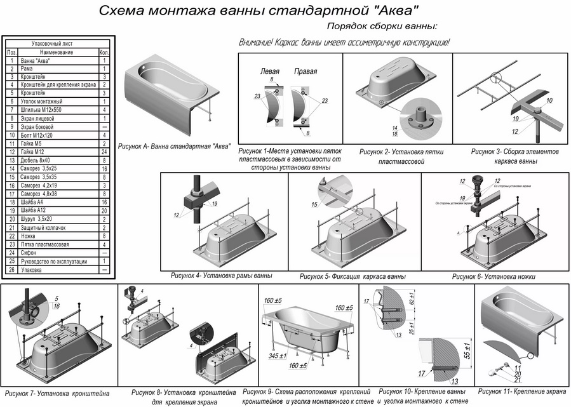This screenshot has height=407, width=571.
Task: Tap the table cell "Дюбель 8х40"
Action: pyautogui.click(x=38, y=160)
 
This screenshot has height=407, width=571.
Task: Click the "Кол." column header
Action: pyautogui.click(x=104, y=52)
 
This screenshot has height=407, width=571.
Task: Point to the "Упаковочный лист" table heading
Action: pyautogui.click(x=56, y=43)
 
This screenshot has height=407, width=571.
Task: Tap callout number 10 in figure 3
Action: pyautogui.click(x=549, y=101)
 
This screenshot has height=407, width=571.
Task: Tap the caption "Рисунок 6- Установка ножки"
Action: pyautogui.click(x=494, y=277)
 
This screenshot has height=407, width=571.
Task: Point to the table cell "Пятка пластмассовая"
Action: pyautogui.click(x=45, y=244)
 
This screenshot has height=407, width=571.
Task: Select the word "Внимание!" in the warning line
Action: pyautogui.click(x=257, y=43)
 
